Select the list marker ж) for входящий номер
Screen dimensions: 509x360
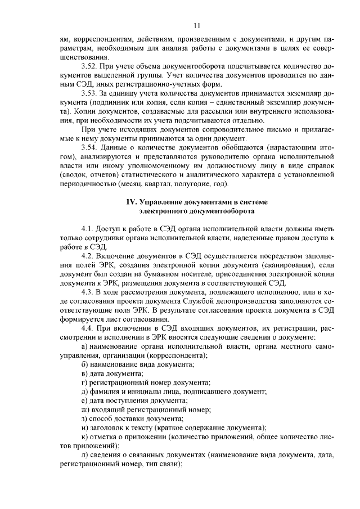(x=85, y=409)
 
